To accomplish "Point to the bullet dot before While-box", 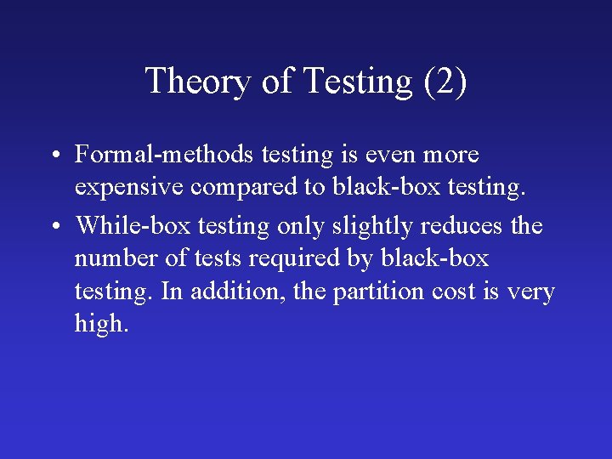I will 54,227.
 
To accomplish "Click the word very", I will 530,292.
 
